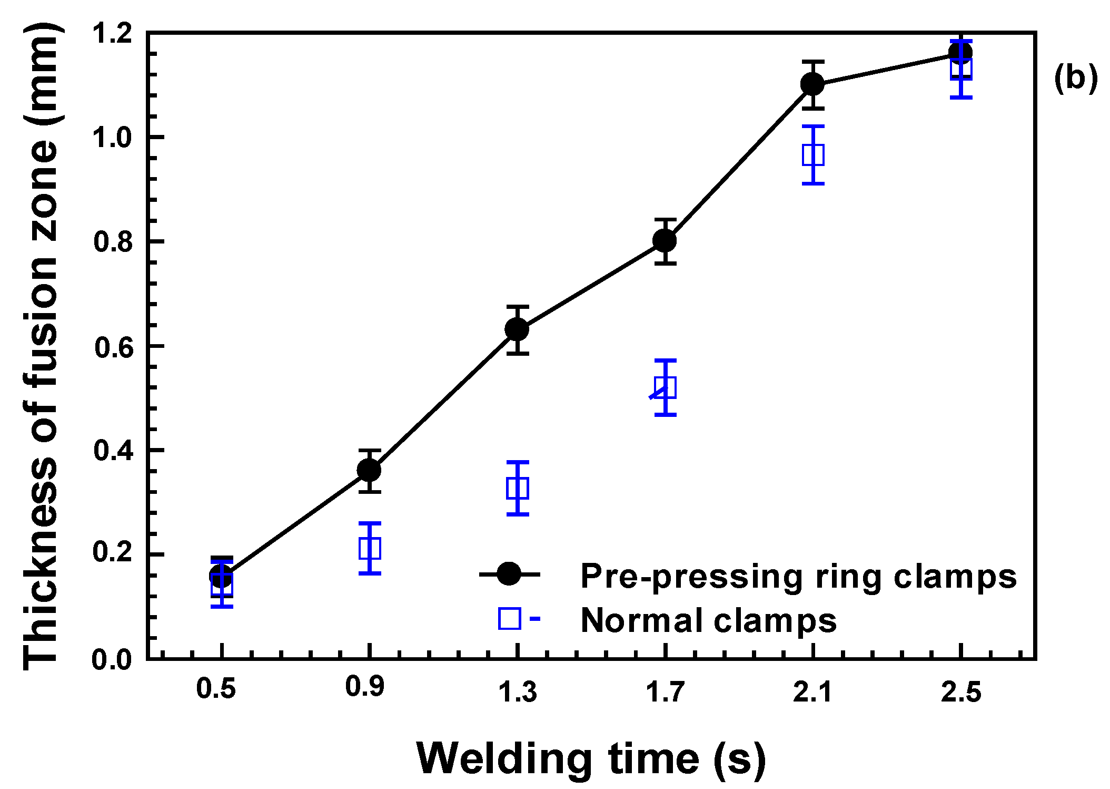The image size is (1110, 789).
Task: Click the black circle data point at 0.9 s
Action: [x=369, y=470]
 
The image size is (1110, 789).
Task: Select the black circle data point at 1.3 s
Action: [x=517, y=329]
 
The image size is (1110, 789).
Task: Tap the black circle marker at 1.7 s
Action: [x=665, y=241]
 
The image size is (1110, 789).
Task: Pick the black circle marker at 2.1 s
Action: [x=812, y=84]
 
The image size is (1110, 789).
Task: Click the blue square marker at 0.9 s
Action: [x=370, y=548]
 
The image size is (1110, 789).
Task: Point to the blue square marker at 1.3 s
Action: [x=518, y=488]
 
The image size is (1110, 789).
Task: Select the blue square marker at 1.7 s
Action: [x=666, y=388]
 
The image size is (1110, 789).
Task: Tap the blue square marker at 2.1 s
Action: [x=814, y=155]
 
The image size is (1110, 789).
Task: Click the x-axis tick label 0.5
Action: [x=216, y=688]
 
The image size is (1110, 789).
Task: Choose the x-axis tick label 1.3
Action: [x=518, y=691]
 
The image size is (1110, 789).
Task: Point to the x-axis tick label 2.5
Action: [x=962, y=691]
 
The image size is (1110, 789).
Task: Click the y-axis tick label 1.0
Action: [x=112, y=138]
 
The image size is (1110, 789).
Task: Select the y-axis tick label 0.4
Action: [x=112, y=451]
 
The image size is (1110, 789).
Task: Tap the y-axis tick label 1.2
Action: [x=112, y=33]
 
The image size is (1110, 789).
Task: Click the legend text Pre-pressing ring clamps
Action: [x=798, y=577]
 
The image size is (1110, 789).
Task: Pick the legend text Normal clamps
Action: [x=708, y=620]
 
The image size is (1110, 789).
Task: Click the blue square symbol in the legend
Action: [x=510, y=618]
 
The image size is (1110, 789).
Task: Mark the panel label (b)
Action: [x=1076, y=78]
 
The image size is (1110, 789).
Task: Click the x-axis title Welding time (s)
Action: [x=591, y=759]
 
